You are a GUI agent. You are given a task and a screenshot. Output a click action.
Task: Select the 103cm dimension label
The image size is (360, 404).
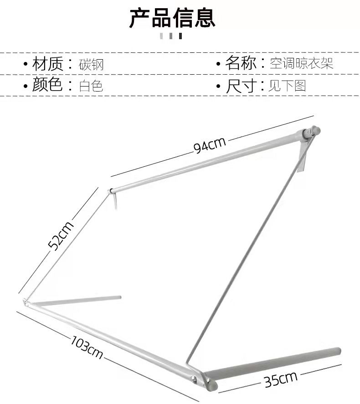87,346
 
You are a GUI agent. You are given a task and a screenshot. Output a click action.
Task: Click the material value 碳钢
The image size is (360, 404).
91,64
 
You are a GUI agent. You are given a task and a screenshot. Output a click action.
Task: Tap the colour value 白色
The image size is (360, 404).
91,86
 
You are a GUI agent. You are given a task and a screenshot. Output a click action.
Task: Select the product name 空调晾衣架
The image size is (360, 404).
301,63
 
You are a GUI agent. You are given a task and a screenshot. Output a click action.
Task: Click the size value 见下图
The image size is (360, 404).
287,86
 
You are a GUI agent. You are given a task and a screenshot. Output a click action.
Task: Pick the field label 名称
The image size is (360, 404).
241,63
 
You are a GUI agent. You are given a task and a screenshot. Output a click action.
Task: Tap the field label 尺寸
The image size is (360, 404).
241,85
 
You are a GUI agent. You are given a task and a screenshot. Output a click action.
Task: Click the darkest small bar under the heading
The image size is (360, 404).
180,36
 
